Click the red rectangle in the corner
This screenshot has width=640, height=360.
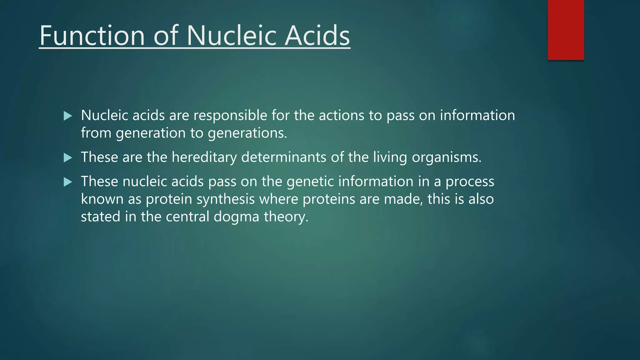[x=566, y=30]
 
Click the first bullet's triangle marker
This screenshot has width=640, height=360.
[x=67, y=116]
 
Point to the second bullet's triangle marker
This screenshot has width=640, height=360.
[x=67, y=158]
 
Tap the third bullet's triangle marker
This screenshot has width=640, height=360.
[x=67, y=182]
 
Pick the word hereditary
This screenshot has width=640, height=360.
[x=204, y=157]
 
